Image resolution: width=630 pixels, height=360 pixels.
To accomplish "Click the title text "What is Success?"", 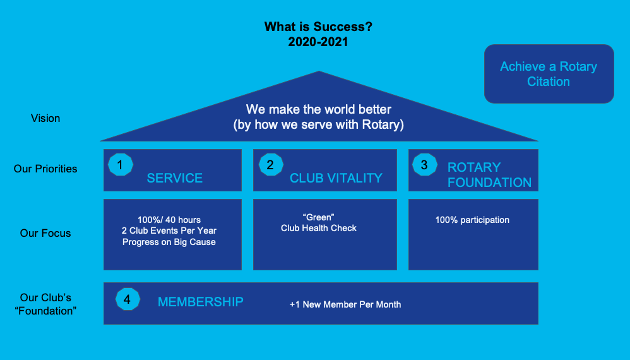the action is [x=318, y=27].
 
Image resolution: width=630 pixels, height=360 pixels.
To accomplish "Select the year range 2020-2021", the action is [x=318, y=42].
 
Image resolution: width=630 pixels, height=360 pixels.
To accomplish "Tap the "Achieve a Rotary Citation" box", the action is [x=549, y=74].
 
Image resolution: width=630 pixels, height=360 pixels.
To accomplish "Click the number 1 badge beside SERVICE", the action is [x=120, y=165].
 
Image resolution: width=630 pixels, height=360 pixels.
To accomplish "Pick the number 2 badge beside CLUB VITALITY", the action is [x=271, y=165].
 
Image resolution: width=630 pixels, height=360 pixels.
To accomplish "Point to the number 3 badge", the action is [x=425, y=165].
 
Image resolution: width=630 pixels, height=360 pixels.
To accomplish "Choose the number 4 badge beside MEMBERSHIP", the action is [x=128, y=299].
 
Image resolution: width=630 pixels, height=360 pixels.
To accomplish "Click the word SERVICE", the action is [x=174, y=178].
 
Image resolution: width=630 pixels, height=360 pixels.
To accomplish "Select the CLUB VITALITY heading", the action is [x=336, y=178].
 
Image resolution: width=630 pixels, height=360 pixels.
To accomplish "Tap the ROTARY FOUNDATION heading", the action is [x=489, y=175].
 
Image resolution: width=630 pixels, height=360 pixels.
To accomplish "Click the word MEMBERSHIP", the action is [x=201, y=302].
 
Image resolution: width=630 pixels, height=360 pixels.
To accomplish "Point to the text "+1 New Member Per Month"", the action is [x=345, y=304].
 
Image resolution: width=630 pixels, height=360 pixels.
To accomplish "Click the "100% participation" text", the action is [x=472, y=220].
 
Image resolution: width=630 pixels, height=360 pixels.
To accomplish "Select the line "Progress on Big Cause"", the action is [x=169, y=242].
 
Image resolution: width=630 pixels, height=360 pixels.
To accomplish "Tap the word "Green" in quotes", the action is [x=319, y=217].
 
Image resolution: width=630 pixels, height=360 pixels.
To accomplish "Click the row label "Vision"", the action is [x=45, y=118].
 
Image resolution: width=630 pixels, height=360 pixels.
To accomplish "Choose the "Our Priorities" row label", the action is [x=45, y=169].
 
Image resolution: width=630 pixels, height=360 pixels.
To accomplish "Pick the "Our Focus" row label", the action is [x=45, y=233].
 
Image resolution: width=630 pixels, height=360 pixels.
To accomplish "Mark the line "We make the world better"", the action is [x=319, y=109].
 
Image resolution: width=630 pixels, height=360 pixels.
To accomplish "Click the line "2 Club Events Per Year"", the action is [x=169, y=231].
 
